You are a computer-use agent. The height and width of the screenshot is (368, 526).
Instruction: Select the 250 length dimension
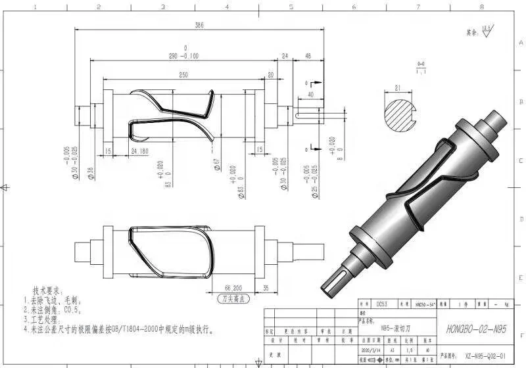(183, 75)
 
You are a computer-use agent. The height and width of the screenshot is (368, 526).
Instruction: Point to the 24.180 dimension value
(139, 152)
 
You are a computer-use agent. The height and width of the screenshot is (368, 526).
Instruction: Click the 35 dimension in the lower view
(266, 288)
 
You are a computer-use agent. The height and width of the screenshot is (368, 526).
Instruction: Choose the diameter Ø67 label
(216, 163)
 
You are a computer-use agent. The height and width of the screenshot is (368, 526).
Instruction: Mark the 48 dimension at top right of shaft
(308, 57)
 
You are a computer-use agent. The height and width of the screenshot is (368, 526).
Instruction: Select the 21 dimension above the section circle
(398, 87)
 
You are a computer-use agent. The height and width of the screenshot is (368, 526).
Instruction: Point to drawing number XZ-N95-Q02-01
(485, 357)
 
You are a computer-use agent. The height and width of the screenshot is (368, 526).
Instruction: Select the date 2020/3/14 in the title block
(372, 350)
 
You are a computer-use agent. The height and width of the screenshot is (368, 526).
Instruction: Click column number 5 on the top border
(290, 7)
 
